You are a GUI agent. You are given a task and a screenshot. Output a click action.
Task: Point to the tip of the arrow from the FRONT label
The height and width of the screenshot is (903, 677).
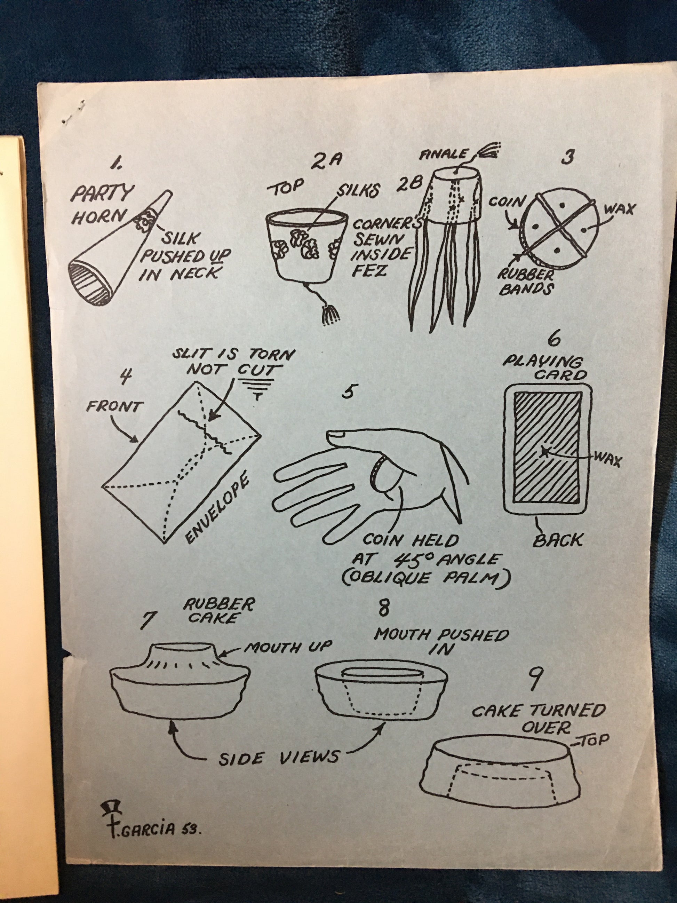tap(138, 442)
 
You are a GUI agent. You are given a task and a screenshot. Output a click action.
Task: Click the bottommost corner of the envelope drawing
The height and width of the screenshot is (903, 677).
tap(164, 543)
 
